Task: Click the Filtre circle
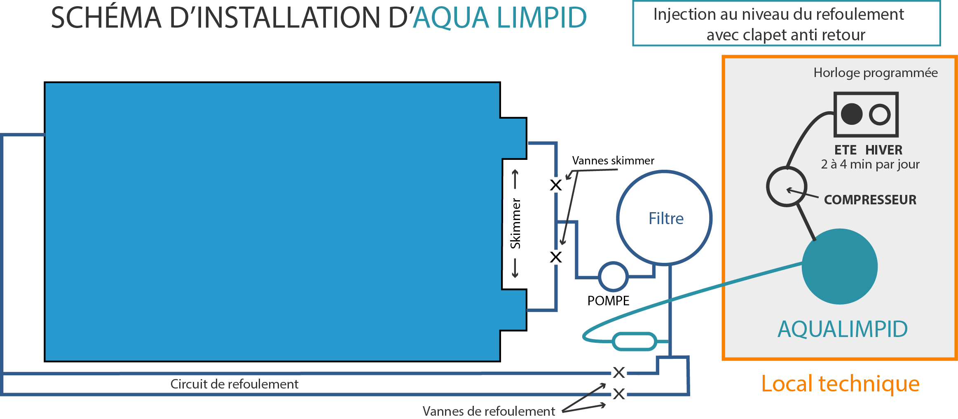pos(664,172)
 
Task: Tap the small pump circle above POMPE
pos(613,263)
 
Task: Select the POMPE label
pos(608,301)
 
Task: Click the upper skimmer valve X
pos(556,185)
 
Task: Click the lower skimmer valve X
pos(556,257)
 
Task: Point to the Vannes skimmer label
pos(613,160)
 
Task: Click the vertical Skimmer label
pos(515,223)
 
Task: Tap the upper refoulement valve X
pos(619,372)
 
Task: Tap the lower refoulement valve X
pos(619,394)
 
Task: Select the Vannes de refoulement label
pos(489,411)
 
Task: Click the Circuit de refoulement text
pos(234,384)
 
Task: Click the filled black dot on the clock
pos(852,114)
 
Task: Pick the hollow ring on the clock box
pos(880,105)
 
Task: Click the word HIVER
pos(884,150)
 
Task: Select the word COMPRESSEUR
pos(870,200)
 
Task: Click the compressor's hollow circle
pos(787,168)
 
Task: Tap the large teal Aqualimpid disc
pos(840,267)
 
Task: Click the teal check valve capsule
pos(635,342)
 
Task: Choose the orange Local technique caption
pos(840,384)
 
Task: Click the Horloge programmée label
pos(876,73)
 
